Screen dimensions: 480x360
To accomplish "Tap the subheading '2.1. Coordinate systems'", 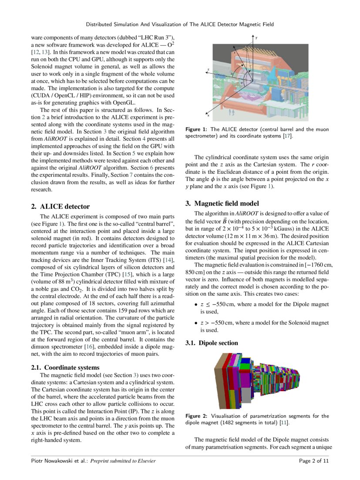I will tap(65, 368).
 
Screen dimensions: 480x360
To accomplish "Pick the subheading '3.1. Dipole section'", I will tap(212, 343).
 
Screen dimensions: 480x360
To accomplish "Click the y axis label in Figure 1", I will tap(256, 38).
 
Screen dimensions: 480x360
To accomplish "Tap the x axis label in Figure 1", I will tap(208, 116).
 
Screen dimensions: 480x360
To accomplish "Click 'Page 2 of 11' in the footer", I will tap(314, 461).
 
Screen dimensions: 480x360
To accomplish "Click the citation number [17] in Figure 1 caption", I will tap(287, 136).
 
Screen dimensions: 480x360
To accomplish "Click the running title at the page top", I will tap(180, 24).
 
